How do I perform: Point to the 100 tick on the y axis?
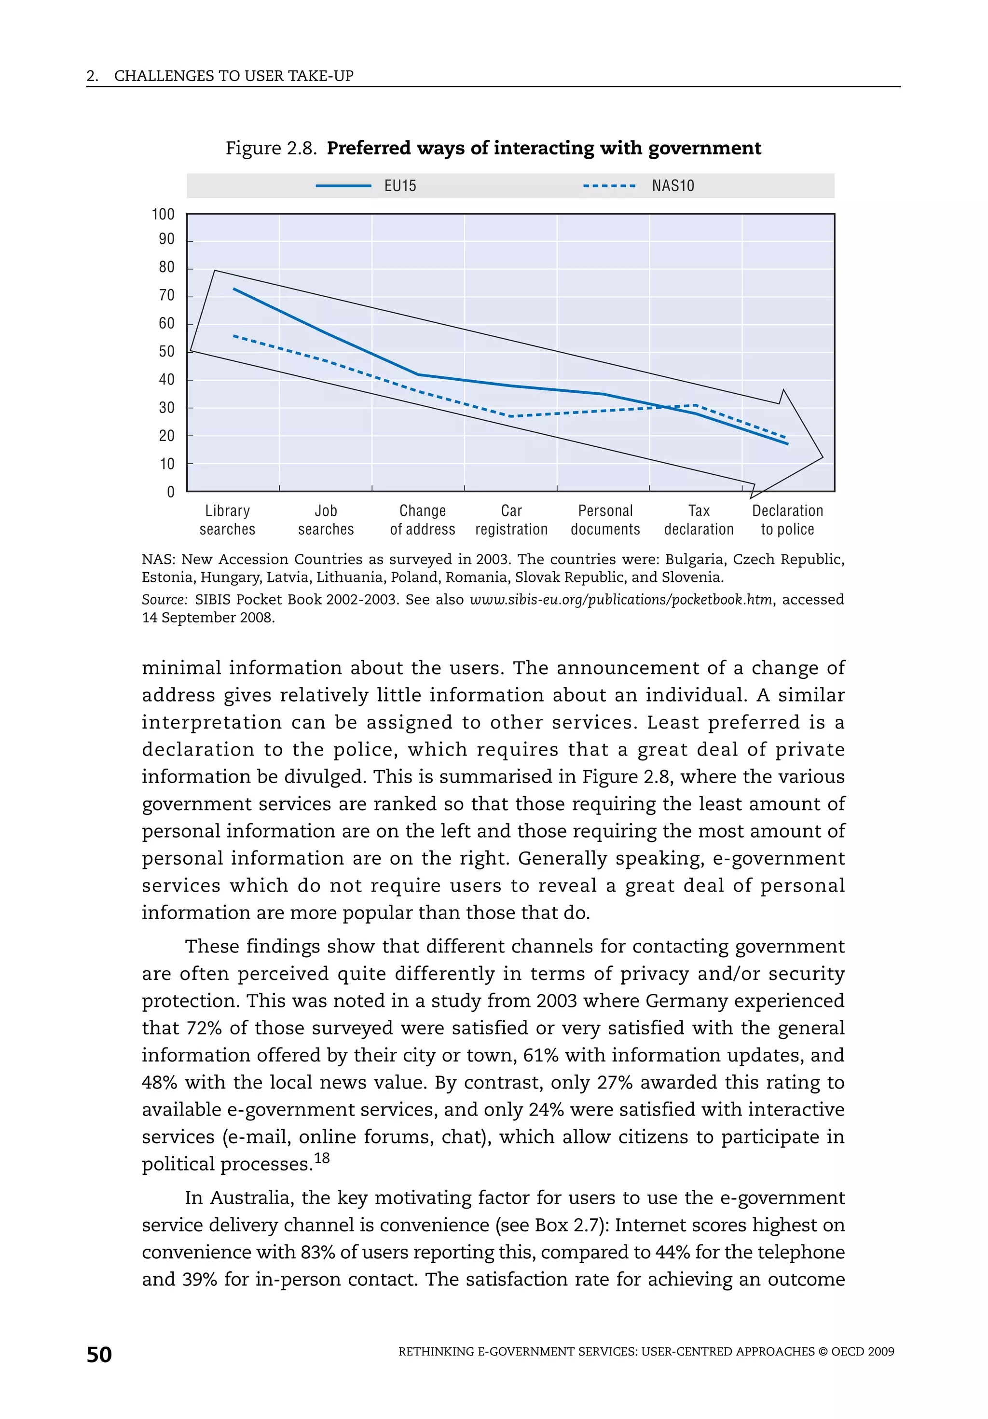click(163, 214)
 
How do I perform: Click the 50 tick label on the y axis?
click(166, 352)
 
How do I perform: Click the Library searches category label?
click(227, 520)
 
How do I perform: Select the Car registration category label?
click(511, 520)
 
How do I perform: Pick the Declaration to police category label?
click(787, 520)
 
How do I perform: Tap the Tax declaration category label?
click(699, 520)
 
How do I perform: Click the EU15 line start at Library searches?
click(233, 289)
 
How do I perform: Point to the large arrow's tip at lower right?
click(823, 457)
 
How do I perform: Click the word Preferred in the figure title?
click(368, 148)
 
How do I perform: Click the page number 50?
click(99, 1355)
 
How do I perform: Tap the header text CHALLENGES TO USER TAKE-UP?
click(233, 76)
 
